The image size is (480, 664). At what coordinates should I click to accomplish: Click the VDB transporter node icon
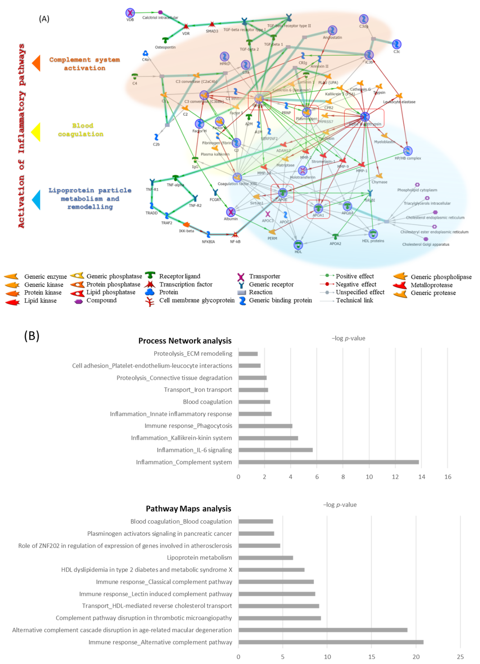point(130,13)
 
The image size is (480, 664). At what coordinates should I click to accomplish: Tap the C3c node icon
point(396,44)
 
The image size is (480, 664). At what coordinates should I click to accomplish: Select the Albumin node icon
point(231,212)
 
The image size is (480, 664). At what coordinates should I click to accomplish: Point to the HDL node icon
point(298,245)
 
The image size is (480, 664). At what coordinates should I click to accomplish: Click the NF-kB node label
point(235,241)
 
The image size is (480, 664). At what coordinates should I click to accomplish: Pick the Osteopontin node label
point(165,47)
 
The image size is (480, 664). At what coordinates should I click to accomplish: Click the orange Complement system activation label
point(84,64)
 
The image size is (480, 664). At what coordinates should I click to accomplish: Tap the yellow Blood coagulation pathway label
point(81,130)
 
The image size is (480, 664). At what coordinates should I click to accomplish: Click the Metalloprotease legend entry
point(431,285)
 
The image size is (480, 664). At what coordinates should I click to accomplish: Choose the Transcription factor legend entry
point(186,284)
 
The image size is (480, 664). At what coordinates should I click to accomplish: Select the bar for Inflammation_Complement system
point(328,462)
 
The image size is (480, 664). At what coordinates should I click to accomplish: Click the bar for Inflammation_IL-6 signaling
point(275,450)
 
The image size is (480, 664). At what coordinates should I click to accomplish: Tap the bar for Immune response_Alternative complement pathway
point(331,642)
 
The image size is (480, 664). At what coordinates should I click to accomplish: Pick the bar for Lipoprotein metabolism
point(266,558)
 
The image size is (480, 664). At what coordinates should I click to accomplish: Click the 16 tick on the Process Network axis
point(448,477)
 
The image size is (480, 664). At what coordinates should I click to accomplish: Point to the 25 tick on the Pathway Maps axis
point(460,657)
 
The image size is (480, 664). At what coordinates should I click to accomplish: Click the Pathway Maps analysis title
point(188,509)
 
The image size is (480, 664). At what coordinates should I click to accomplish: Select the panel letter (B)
point(32,336)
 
